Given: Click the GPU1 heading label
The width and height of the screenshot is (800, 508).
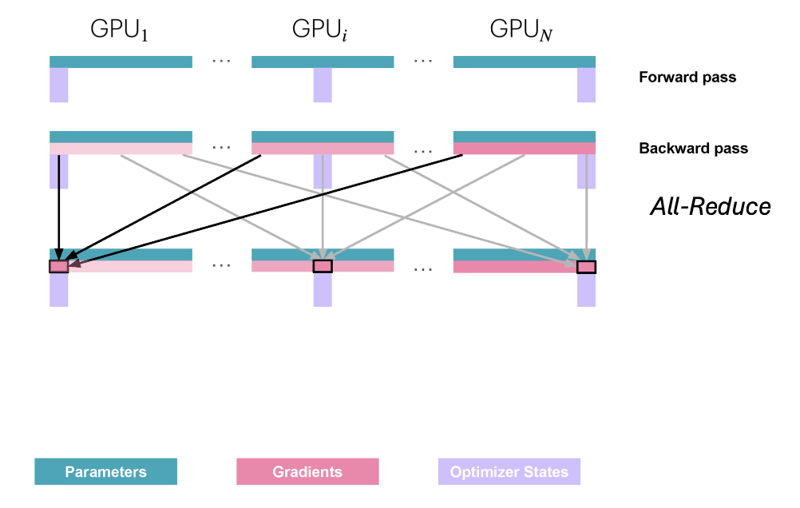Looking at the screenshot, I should tap(121, 31).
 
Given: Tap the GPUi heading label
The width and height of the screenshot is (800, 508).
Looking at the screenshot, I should tap(323, 31).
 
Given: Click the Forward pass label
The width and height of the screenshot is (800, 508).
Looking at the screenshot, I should tap(687, 78).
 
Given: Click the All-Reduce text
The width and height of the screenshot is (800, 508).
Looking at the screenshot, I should tap(711, 208).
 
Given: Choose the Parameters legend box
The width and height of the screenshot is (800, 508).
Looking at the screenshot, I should tap(106, 471).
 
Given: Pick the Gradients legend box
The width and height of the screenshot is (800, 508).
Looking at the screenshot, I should tap(307, 471).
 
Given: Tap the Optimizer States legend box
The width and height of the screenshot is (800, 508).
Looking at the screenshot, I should tap(509, 471).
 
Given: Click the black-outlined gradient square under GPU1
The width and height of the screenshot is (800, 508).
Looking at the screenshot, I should tap(59, 267).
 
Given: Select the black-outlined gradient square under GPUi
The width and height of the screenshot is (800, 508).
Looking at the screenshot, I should tap(323, 267).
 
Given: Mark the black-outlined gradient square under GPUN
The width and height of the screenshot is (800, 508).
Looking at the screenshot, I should tap(587, 267).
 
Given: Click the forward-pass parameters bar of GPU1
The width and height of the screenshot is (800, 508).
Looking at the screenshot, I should tap(121, 62).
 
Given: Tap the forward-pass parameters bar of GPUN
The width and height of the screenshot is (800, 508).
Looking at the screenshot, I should tap(525, 62).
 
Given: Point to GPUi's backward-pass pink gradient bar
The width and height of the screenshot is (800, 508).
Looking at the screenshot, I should tap(323, 149).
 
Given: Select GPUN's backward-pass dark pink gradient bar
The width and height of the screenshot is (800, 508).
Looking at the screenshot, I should tap(525, 149).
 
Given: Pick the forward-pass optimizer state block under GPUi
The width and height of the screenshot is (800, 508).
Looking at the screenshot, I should tap(323, 85).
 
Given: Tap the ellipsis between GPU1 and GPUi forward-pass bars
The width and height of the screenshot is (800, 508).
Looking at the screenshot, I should tap(222, 62).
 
